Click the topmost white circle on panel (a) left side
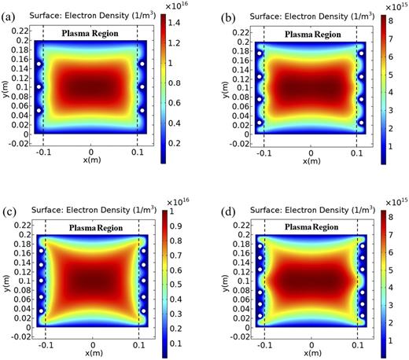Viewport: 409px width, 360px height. coord(37,64)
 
